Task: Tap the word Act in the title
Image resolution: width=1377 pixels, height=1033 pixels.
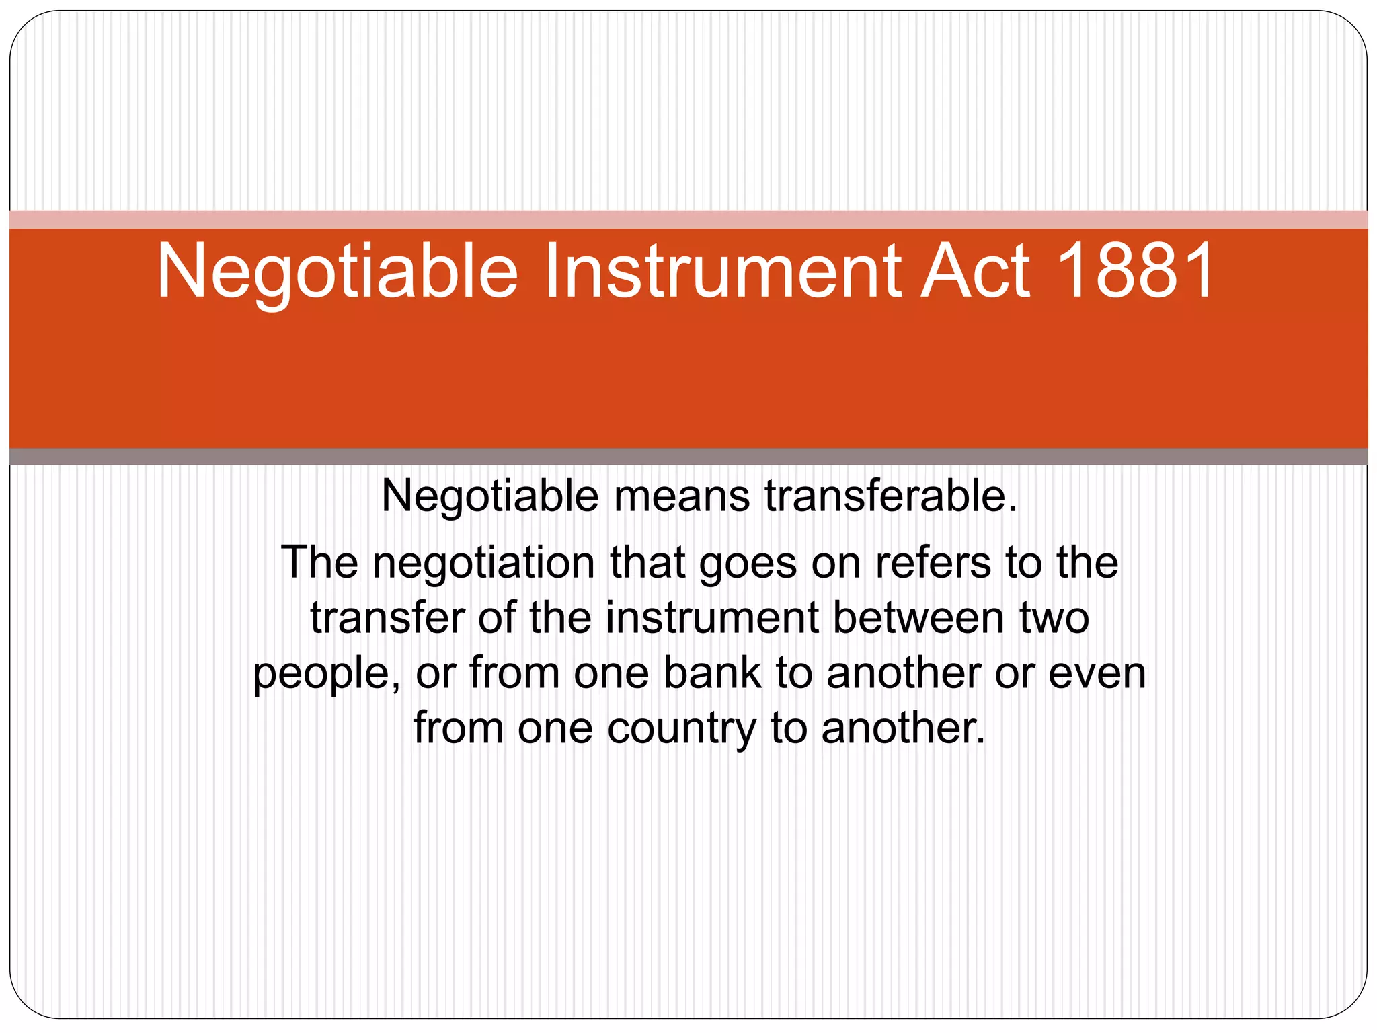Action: (975, 271)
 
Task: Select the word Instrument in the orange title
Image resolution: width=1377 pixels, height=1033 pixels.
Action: (723, 271)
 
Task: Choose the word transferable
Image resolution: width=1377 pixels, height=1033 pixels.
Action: (890, 497)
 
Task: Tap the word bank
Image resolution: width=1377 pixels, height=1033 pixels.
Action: (712, 673)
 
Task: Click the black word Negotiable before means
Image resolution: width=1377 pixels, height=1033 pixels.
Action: (489, 497)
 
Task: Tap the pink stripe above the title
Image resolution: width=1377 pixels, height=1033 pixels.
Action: (688, 219)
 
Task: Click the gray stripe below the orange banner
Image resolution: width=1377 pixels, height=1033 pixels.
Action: (688, 457)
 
